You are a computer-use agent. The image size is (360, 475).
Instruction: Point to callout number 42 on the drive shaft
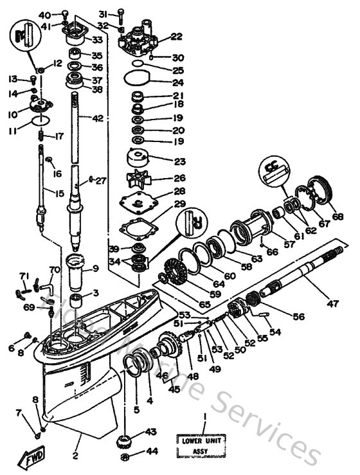coord(97,118)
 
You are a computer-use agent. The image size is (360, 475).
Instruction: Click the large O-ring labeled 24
coord(136,82)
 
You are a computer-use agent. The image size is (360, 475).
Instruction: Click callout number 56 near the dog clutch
coord(298,316)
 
